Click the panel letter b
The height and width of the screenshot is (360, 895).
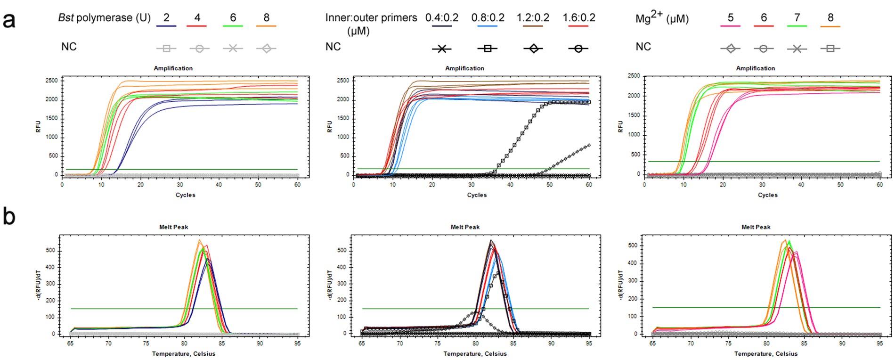[x=9, y=217]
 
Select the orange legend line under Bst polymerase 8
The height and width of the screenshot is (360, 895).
[x=266, y=26]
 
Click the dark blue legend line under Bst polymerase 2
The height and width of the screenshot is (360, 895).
[x=166, y=26]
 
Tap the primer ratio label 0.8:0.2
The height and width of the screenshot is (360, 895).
[x=488, y=18]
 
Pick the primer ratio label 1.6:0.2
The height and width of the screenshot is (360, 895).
[x=579, y=18]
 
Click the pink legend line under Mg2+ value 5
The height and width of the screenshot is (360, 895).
[x=730, y=26]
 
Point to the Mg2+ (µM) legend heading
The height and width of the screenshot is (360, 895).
[x=662, y=18]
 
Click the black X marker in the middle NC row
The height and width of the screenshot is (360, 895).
[x=442, y=49]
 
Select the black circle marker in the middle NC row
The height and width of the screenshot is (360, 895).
[x=578, y=49]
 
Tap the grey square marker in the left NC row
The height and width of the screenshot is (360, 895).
[x=166, y=48]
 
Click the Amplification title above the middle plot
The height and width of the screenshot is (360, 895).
[x=464, y=68]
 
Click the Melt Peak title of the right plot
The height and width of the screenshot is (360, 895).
[x=756, y=227]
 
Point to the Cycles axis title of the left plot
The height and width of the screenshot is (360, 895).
[x=185, y=195]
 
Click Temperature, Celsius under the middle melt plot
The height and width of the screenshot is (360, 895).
[x=475, y=354]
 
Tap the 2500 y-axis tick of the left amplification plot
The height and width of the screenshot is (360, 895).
[x=52, y=81]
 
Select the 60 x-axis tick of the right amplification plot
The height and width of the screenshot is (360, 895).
[x=879, y=185]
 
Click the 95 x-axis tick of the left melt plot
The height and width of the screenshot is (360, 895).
[x=297, y=344]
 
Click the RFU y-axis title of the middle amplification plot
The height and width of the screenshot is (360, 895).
[x=330, y=126]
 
